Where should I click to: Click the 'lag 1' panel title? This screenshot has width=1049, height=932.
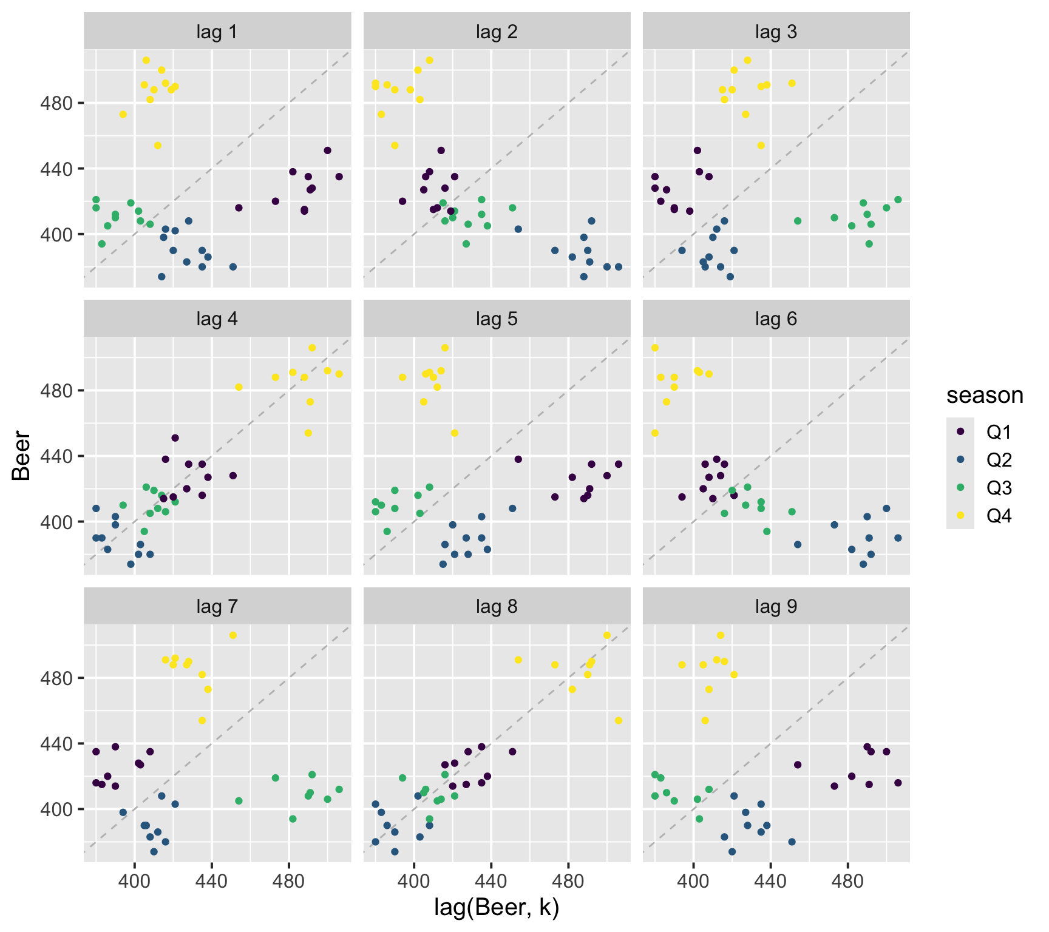point(217,32)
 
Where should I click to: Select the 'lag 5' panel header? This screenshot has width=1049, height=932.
point(497,319)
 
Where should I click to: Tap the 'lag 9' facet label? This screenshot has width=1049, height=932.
point(776,607)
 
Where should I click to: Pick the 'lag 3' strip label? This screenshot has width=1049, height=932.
point(776,32)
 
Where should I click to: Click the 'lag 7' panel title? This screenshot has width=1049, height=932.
point(217,607)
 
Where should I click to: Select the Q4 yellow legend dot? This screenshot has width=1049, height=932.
point(960,516)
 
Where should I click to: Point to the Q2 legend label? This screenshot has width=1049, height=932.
point(999,460)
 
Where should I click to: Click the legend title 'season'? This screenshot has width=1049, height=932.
point(985,396)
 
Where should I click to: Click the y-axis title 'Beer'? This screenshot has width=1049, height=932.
point(22,455)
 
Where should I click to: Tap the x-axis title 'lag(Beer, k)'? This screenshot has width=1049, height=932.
point(497,907)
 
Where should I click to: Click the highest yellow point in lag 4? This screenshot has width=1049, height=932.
point(312,348)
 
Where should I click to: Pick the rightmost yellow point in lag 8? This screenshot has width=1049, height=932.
point(619,720)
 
